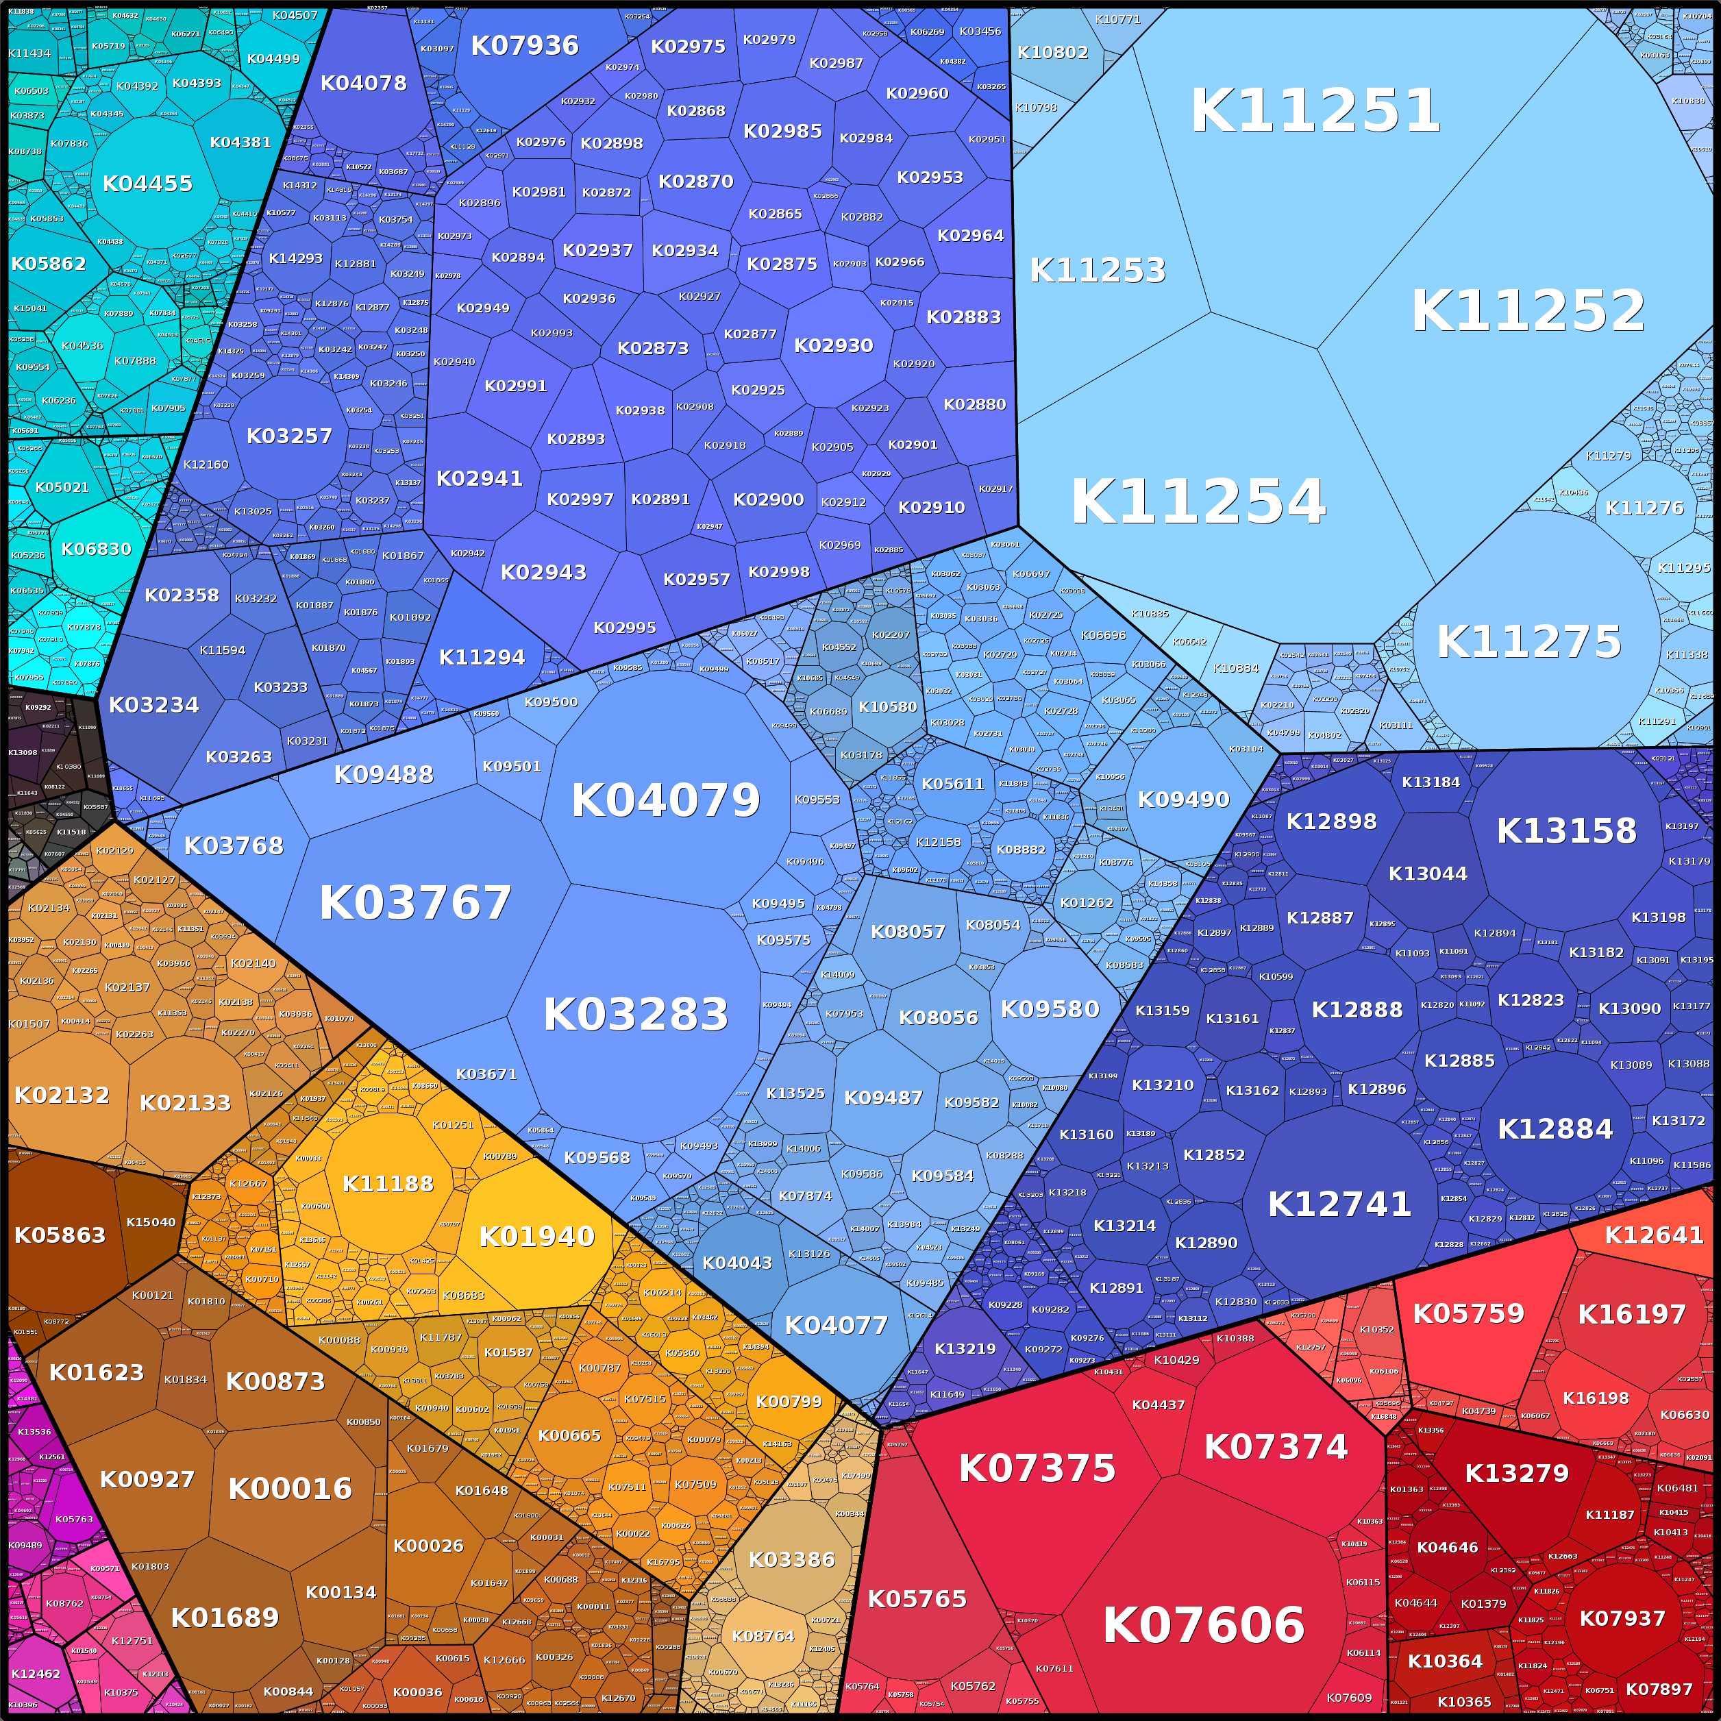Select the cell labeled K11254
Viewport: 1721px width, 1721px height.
coord(1198,502)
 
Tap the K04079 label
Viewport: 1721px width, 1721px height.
coord(665,800)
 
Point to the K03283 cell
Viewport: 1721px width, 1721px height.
coord(635,1015)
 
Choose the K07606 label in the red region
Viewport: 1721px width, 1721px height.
coord(1204,1625)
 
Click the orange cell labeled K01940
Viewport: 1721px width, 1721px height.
coord(536,1237)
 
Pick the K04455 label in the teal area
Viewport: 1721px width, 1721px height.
coord(147,184)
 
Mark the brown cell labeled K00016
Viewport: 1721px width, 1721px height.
coord(290,1489)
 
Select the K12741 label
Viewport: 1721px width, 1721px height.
coord(1339,1204)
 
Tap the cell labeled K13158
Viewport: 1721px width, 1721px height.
coord(1566,831)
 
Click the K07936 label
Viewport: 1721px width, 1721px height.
coord(525,45)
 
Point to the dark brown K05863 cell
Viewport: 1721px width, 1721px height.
coord(60,1235)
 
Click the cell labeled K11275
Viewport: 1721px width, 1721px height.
coord(1528,641)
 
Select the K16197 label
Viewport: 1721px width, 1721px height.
coord(1631,1314)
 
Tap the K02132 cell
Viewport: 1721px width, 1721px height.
coord(62,1095)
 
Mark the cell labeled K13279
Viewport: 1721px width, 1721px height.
coord(1516,1474)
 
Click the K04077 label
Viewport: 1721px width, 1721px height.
coord(836,1326)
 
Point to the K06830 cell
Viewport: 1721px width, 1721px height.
coord(95,549)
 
